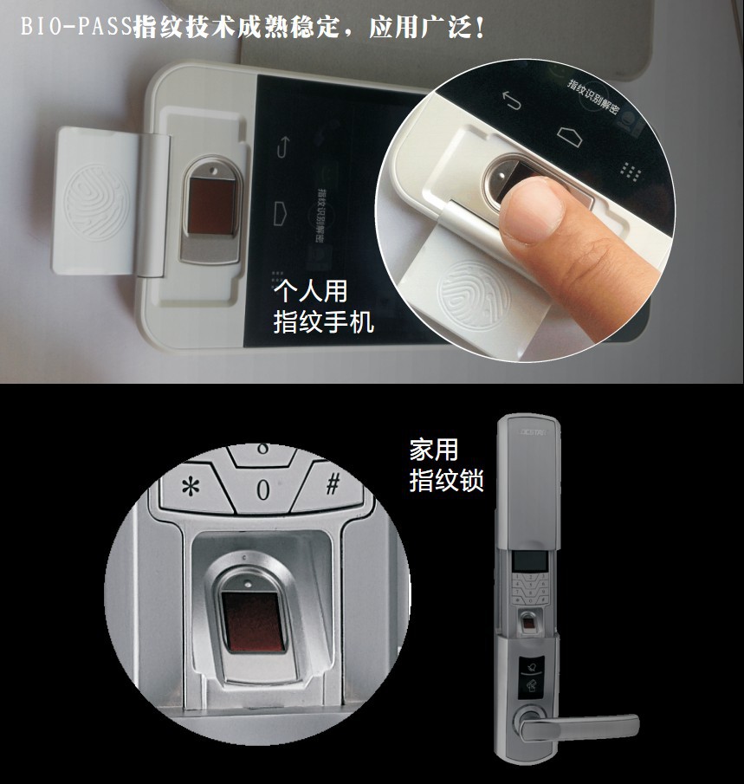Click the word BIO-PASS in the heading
(x=75, y=27)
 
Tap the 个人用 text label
(x=309, y=290)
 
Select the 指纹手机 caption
(x=323, y=322)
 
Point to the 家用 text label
(x=433, y=450)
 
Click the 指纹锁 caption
(x=446, y=481)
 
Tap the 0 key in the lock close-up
(x=262, y=489)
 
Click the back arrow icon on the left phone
(x=282, y=145)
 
